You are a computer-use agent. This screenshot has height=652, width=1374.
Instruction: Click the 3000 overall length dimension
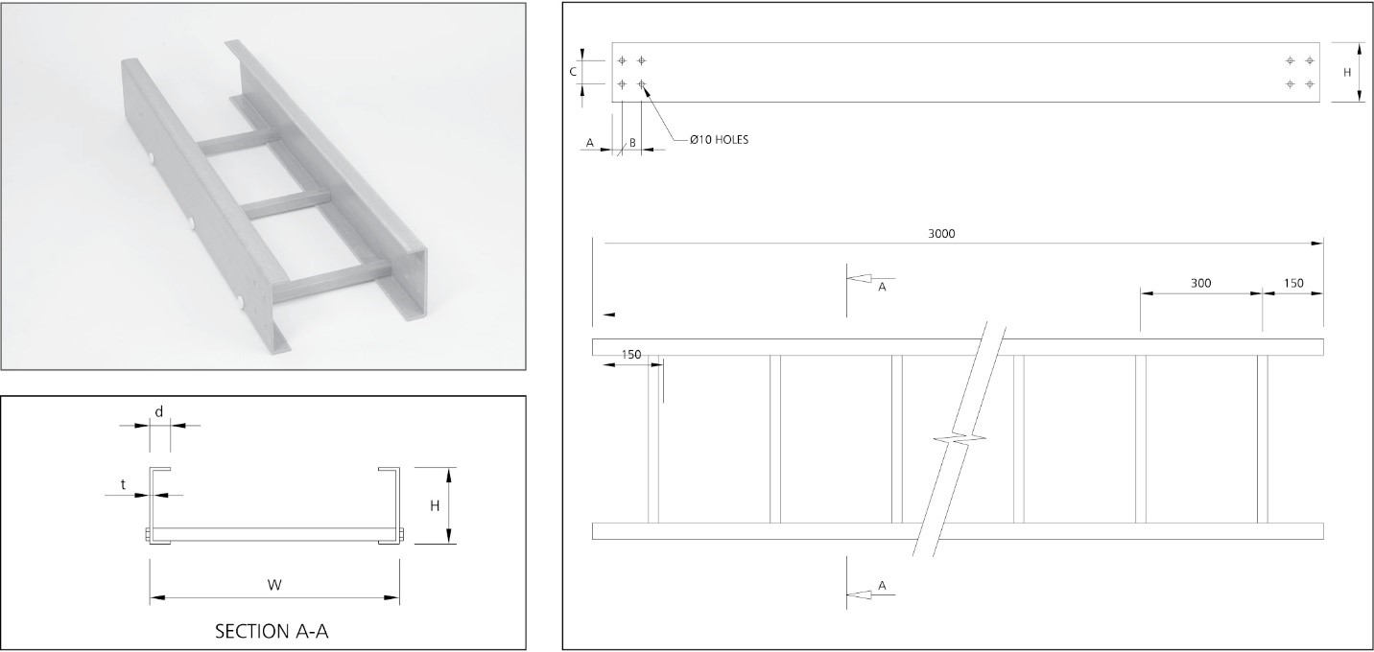point(942,233)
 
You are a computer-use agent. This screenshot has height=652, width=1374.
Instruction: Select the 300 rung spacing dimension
point(1200,283)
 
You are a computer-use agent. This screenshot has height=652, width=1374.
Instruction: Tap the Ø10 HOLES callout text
point(719,140)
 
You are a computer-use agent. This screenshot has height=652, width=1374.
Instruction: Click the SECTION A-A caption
point(276,631)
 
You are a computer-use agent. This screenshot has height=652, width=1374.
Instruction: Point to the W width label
point(274,584)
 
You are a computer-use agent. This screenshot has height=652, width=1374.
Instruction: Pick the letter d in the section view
point(159,411)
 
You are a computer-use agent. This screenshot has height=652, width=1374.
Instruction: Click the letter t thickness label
point(124,485)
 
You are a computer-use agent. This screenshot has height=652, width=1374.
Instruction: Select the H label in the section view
point(435,505)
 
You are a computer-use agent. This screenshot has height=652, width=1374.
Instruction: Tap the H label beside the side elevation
point(1346,72)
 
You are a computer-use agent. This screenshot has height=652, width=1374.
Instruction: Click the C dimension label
point(573,71)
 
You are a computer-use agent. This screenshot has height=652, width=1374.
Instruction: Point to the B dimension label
point(632,143)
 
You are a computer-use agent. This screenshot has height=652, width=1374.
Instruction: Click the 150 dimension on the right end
point(1293,283)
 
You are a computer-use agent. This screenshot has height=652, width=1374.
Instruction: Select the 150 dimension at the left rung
point(630,355)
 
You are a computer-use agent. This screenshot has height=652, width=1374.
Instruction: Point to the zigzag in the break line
point(957,439)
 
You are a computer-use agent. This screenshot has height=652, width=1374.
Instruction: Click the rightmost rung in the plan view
point(1262,439)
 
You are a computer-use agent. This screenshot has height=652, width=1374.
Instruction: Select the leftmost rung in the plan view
point(653,439)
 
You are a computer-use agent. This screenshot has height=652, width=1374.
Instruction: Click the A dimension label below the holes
point(590,143)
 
